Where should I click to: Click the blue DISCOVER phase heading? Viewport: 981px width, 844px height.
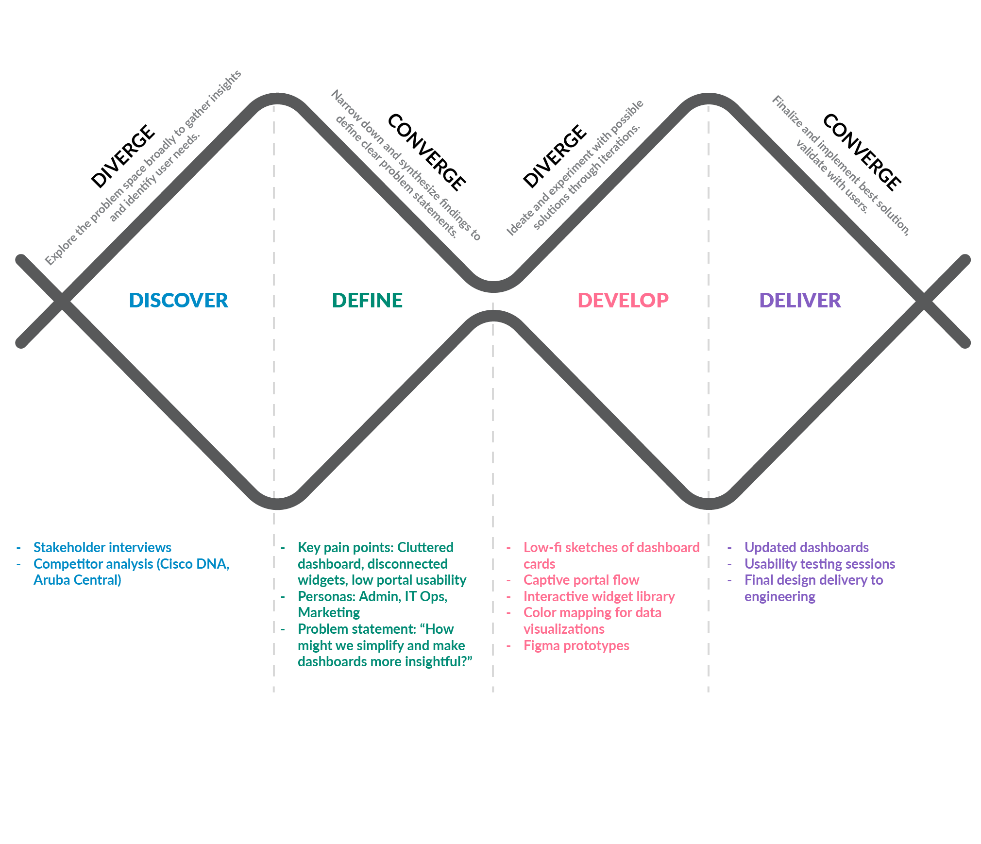pyautogui.click(x=178, y=301)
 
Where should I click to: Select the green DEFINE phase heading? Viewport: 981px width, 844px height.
pyautogui.click(x=367, y=301)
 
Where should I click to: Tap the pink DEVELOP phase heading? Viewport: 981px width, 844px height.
pyautogui.click(x=623, y=301)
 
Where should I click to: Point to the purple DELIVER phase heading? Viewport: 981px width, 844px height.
pyautogui.click(x=800, y=301)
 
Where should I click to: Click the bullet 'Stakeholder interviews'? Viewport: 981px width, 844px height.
pyautogui.click(x=102, y=548)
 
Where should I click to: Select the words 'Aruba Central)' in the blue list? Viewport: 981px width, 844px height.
pyautogui.click(x=77, y=580)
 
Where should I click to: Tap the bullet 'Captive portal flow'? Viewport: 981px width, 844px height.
pyautogui.click(x=581, y=580)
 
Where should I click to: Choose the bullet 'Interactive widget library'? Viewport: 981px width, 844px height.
pyautogui.click(x=599, y=597)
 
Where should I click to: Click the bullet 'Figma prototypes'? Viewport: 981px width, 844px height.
pyautogui.click(x=576, y=646)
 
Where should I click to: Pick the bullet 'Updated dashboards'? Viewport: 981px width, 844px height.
pyautogui.click(x=806, y=548)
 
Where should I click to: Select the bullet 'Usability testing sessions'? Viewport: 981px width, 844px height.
pyautogui.click(x=819, y=564)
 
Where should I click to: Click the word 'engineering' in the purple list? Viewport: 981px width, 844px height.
pyautogui.click(x=779, y=597)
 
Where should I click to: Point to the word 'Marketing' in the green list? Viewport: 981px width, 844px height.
pyautogui.click(x=329, y=613)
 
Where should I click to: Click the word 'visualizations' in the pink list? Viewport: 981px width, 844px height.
pyautogui.click(x=564, y=629)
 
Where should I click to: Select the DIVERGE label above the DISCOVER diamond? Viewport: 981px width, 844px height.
pyautogui.click(x=123, y=156)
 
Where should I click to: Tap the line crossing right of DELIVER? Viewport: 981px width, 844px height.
pyautogui.click(x=924, y=302)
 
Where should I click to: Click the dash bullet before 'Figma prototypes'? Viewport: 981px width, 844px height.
pyautogui.click(x=508, y=646)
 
